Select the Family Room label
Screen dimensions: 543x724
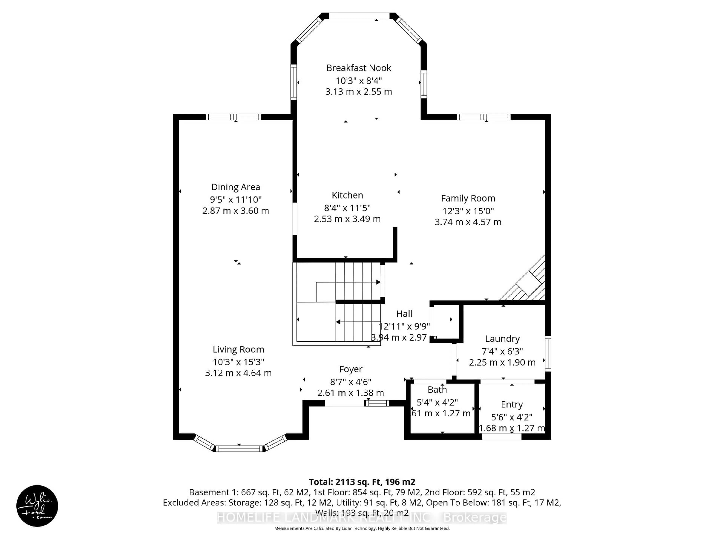point(468,198)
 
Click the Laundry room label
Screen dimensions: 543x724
point(502,339)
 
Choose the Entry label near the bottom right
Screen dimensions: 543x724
point(512,405)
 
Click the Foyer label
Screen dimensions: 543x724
point(350,369)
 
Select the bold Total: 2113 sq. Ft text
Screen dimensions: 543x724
point(362,482)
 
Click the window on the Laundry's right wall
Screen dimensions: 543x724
point(548,354)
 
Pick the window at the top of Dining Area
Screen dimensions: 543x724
point(233,117)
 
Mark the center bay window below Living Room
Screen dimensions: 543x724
point(239,449)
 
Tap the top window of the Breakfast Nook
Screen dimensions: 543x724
point(359,16)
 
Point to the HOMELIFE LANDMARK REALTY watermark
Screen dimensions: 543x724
point(362,518)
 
